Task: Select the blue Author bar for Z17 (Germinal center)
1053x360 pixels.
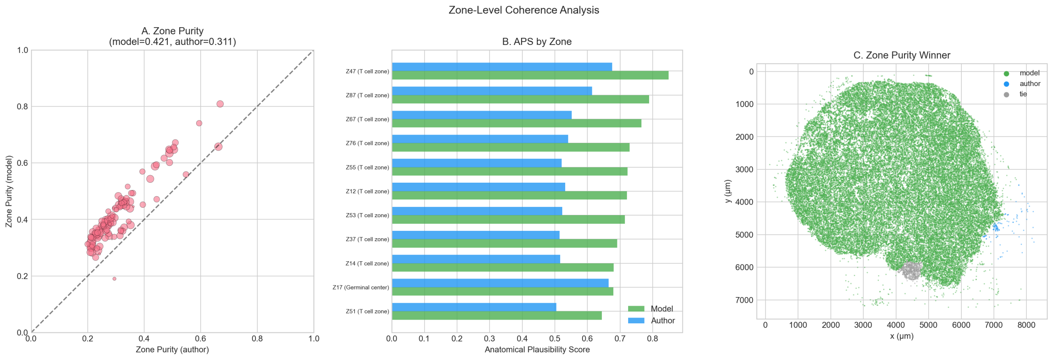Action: [x=500, y=283]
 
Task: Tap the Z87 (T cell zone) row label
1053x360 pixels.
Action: [x=367, y=95]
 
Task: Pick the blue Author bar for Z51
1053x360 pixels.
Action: [x=474, y=307]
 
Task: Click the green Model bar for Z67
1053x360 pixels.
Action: [x=516, y=123]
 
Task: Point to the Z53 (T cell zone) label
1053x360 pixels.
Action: [x=367, y=216]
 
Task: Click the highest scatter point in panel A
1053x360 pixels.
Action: [x=220, y=104]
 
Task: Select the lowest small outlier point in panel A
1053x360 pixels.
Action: [x=114, y=279]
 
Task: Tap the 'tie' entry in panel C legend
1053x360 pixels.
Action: [x=1023, y=94]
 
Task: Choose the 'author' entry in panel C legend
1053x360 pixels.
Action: [x=1030, y=84]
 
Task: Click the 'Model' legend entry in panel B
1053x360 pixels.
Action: [x=661, y=309]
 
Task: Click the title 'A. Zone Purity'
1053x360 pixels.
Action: [x=172, y=31]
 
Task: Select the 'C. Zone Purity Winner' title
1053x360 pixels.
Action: [x=902, y=56]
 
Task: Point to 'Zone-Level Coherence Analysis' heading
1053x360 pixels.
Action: [x=524, y=10]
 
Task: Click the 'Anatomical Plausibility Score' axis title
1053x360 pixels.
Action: [x=537, y=350]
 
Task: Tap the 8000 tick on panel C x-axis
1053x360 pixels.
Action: [x=1026, y=325]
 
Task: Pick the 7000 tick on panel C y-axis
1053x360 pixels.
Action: [x=744, y=300]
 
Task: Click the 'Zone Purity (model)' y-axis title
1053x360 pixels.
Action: [x=9, y=191]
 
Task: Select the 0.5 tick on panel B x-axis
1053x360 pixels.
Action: [x=554, y=339]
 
